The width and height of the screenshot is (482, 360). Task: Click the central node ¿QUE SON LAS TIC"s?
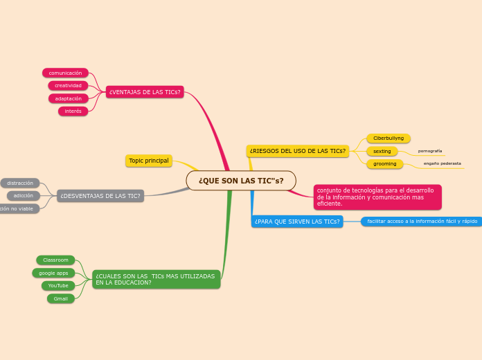click(x=241, y=181)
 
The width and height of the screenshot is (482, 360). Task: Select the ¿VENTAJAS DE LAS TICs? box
click(x=145, y=92)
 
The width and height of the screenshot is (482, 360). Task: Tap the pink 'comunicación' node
click(x=65, y=73)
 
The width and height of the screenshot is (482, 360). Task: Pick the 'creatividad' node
click(x=68, y=86)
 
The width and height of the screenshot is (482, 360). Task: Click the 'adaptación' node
click(x=68, y=98)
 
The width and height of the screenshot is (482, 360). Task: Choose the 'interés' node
click(x=73, y=111)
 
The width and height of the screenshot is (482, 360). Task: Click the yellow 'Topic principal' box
click(x=149, y=161)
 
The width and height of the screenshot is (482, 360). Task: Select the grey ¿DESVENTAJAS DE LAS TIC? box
click(x=100, y=196)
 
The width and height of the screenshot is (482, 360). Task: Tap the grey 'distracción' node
click(x=20, y=183)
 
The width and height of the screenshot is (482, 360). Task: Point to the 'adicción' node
click(x=24, y=196)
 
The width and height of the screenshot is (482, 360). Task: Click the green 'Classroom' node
click(x=55, y=260)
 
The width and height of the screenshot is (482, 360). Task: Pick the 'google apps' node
click(x=53, y=273)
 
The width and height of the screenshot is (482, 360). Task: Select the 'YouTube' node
click(x=58, y=285)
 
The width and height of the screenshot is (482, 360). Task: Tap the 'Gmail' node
click(x=61, y=298)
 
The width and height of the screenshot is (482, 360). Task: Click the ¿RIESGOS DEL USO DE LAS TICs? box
click(x=298, y=151)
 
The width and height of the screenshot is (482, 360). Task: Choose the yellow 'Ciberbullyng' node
click(x=389, y=138)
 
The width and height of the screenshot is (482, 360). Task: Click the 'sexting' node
click(x=382, y=151)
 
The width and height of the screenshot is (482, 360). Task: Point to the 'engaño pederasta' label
click(x=443, y=164)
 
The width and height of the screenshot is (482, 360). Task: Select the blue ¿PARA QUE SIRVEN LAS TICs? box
click(x=297, y=222)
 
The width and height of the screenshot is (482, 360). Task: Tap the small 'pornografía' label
click(x=430, y=151)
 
